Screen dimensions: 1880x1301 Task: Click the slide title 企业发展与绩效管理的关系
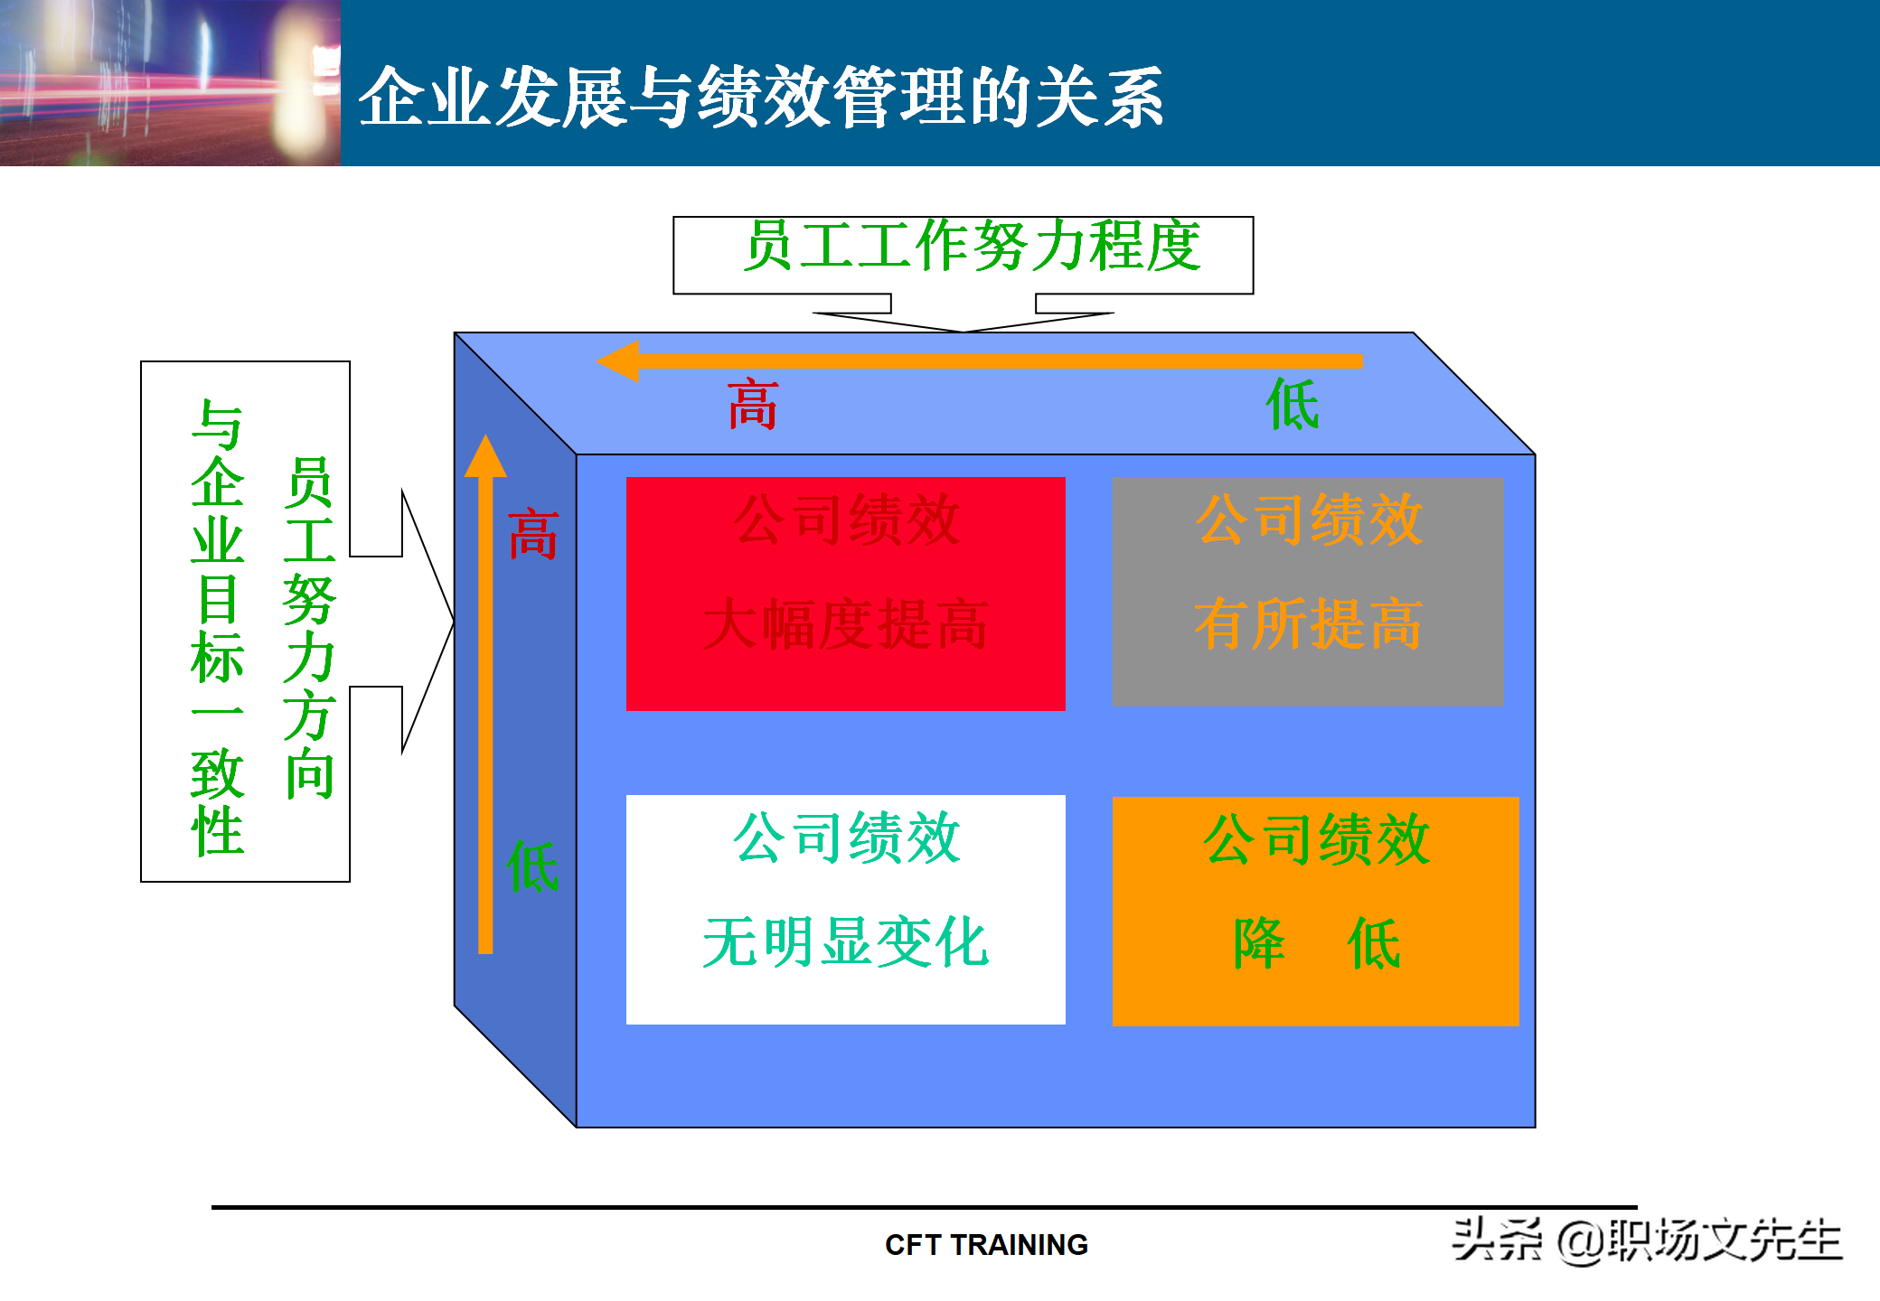click(761, 97)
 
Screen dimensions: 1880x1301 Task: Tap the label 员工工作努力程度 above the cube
click(972, 246)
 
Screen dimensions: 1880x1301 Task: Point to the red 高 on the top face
click(752, 405)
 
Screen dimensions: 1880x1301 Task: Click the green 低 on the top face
click(1292, 405)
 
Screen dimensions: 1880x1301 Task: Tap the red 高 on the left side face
click(532, 535)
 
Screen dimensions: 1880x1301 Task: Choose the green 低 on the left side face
click(532, 867)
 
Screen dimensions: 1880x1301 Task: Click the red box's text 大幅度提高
click(846, 624)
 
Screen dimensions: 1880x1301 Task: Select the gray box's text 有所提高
click(1308, 624)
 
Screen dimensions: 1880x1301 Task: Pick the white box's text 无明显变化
click(846, 942)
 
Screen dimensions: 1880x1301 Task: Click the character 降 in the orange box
click(1259, 944)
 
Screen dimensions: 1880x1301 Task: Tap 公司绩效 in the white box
click(846, 838)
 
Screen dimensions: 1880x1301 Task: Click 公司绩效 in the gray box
click(1309, 519)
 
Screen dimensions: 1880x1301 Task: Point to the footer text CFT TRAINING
click(986, 1245)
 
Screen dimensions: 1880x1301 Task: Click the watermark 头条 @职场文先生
click(1646, 1240)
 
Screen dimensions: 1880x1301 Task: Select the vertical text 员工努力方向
click(309, 628)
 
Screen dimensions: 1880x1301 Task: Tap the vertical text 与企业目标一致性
click(218, 628)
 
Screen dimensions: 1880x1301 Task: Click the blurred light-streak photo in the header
click(170, 82)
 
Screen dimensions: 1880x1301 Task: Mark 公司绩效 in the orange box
click(1316, 840)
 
